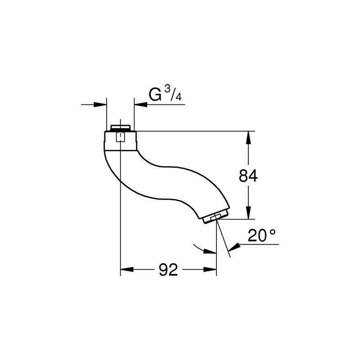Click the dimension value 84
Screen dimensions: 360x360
click(248, 175)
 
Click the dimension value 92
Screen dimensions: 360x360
click(168, 270)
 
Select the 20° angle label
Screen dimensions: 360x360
click(261, 235)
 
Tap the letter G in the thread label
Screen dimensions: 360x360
click(155, 94)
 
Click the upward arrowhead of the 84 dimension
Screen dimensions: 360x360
click(248, 137)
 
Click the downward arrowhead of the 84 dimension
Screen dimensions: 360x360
click(248, 213)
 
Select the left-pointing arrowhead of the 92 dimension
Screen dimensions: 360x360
click(127, 269)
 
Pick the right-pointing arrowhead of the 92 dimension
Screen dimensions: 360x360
click(210, 269)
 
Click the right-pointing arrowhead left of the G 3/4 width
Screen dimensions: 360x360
click(100, 105)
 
